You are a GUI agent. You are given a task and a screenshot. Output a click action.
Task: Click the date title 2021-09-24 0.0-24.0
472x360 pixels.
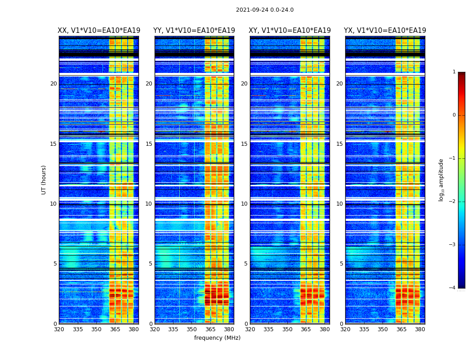pyautogui.click(x=265, y=10)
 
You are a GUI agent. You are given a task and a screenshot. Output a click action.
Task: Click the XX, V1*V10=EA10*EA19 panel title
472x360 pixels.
pyautogui.click(x=98, y=31)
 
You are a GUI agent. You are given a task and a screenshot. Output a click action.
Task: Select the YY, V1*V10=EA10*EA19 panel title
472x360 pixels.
pyautogui.click(x=194, y=31)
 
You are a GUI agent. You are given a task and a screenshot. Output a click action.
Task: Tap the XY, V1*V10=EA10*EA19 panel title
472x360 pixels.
pyautogui.click(x=289, y=31)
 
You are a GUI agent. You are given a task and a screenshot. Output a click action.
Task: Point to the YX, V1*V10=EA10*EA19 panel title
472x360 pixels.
pyautogui.click(x=385, y=31)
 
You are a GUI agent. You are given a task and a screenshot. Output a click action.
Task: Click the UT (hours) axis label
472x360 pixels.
pyautogui.click(x=44, y=180)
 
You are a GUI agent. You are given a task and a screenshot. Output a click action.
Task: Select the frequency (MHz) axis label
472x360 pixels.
pyautogui.click(x=217, y=338)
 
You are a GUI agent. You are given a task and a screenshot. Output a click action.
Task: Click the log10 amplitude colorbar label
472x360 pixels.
pyautogui.click(x=441, y=180)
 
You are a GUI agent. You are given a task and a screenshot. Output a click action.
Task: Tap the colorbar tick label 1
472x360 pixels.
pyautogui.click(x=454, y=72)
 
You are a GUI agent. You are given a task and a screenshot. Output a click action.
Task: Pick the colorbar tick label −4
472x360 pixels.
pyautogui.click(x=453, y=288)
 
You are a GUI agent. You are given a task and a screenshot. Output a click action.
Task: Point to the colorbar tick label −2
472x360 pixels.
pyautogui.click(x=453, y=202)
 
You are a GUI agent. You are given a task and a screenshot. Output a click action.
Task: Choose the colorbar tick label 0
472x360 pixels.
pyautogui.click(x=454, y=115)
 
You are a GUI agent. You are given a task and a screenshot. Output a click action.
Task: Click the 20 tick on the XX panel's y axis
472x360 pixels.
pyautogui.click(x=53, y=84)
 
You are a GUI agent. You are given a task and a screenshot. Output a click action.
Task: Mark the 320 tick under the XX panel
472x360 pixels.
pyautogui.click(x=59, y=329)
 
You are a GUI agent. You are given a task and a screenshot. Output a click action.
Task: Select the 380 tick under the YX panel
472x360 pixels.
pyautogui.click(x=420, y=329)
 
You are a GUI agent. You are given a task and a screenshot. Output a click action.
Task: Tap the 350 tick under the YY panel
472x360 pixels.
pyautogui.click(x=192, y=329)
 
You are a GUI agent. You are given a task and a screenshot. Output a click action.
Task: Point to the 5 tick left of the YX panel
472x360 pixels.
pyautogui.click(x=341, y=264)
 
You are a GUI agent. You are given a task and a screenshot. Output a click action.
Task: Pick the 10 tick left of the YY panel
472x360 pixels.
pyautogui.click(x=149, y=204)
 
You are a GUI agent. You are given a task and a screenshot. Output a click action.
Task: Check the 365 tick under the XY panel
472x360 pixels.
pyautogui.click(x=306, y=329)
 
